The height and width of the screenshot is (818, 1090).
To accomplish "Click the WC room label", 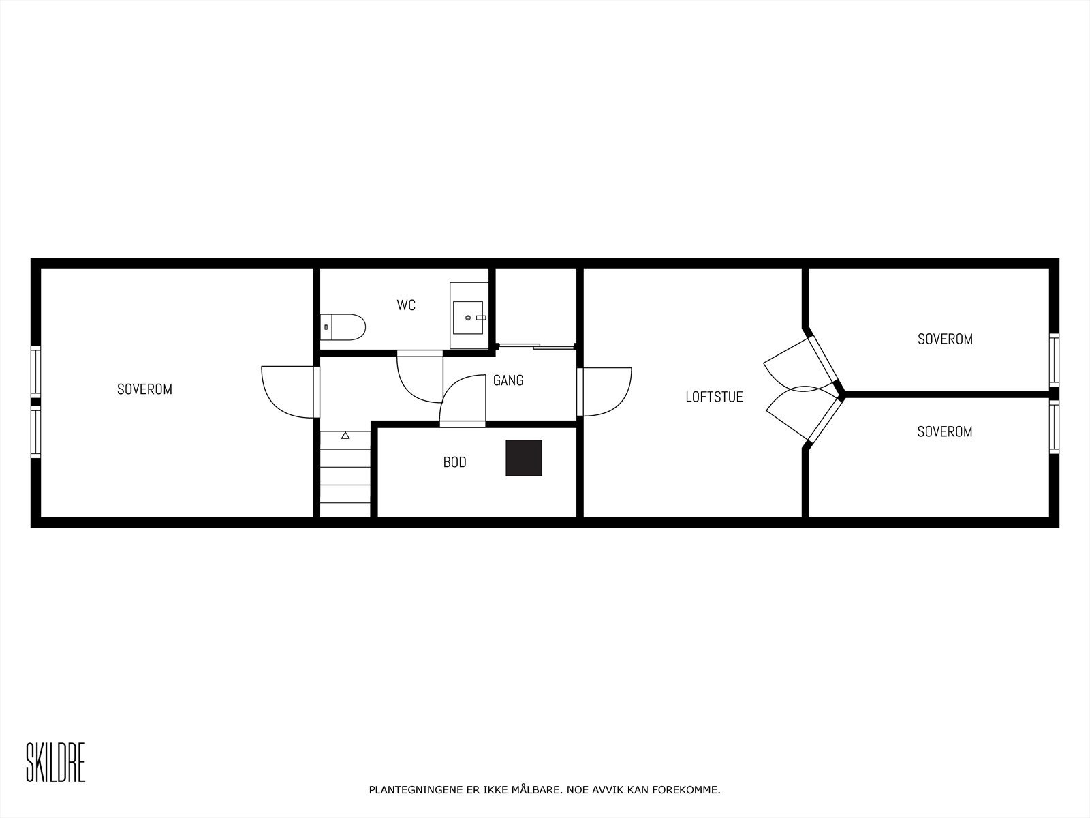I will click(406, 305).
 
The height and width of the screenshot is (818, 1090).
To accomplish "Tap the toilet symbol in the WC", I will click(343, 327).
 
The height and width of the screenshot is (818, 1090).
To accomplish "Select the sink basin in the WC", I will click(469, 318).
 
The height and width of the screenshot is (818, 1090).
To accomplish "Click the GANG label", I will click(508, 380).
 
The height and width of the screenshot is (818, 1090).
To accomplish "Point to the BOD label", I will click(454, 462).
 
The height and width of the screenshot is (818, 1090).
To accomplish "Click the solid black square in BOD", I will click(524, 458).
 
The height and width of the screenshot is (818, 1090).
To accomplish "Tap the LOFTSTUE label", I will click(714, 397).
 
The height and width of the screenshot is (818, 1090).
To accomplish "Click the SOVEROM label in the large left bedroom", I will click(144, 389).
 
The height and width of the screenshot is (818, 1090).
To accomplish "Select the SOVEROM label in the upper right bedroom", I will click(945, 339).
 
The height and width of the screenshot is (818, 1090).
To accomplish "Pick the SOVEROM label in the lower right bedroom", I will click(944, 431).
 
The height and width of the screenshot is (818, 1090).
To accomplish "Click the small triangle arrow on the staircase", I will click(345, 435).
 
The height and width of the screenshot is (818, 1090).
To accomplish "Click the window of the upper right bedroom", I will click(1054, 359).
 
